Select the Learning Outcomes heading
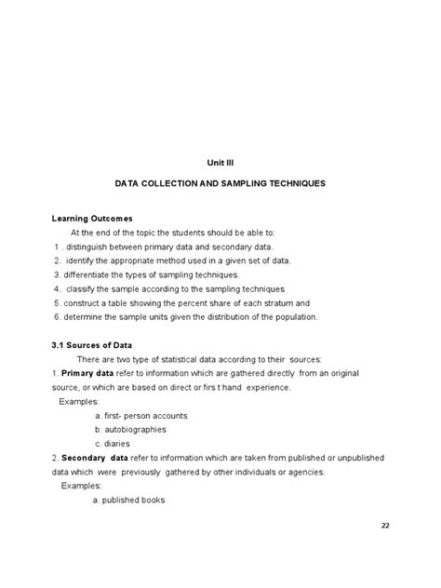pos(92,218)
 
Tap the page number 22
pos(386,527)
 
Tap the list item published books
pos(129,500)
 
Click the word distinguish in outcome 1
pos(88,247)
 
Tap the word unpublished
pos(353,458)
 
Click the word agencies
pos(304,472)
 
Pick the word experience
pos(264,387)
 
